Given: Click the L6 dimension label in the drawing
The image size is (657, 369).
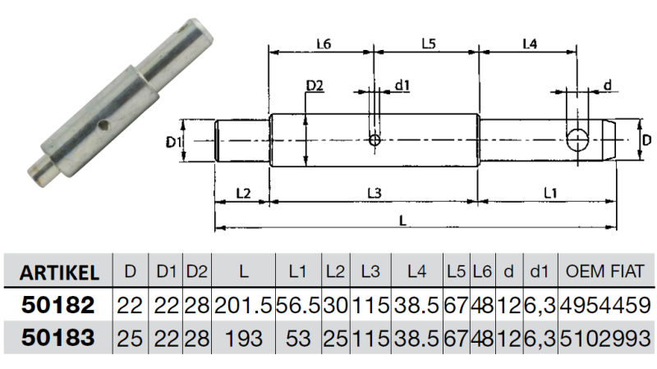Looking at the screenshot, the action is tap(324, 43).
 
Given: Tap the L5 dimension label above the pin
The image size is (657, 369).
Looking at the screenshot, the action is tap(429, 43).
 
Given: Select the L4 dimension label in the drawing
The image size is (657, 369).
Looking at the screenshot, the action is tap(530, 43).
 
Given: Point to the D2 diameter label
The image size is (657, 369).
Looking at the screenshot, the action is tap(315, 86).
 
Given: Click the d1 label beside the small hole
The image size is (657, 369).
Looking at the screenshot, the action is tap(402, 85).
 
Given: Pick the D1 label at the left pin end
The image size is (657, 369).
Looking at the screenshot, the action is tap(174, 142).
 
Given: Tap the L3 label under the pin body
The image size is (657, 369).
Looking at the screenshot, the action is tap(374, 194).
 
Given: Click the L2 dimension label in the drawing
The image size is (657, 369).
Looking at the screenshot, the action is tap(243, 194).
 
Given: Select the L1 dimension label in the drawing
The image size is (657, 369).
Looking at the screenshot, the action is tap(550, 194).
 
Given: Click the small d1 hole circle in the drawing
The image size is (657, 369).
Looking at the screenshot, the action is tap(374, 139).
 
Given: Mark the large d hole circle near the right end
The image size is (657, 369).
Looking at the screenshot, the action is tap(577, 139).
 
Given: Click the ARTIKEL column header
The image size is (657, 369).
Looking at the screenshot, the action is tap(59, 273).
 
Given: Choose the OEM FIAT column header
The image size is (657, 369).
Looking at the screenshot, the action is tap(604, 272).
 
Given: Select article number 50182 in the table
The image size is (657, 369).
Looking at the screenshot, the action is tap(58, 304).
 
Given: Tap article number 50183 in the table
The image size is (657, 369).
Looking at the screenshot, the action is tap(58, 338).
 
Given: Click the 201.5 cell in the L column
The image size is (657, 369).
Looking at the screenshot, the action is tap(243, 305).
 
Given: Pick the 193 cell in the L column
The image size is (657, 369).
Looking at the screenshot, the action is tap(243, 339).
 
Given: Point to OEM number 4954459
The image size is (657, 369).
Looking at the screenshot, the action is tap(605, 305).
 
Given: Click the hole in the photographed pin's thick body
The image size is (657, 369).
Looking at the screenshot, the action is tap(102, 125).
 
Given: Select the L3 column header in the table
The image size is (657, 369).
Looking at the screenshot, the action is tap(370, 272).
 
